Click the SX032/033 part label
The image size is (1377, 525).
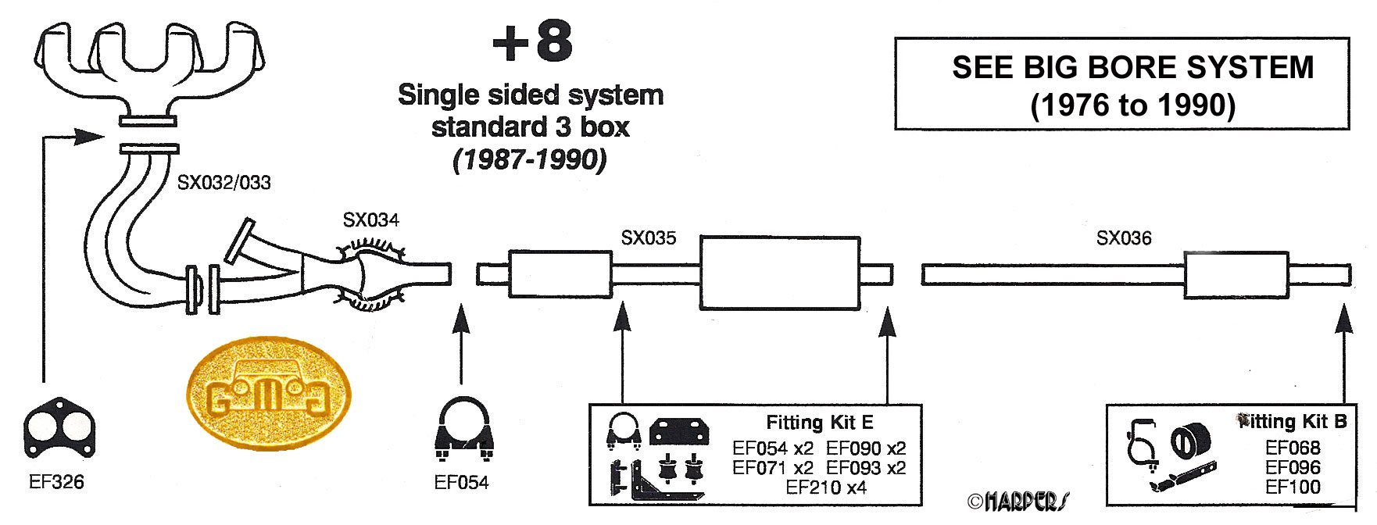[224, 183]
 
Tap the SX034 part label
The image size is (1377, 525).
[370, 220]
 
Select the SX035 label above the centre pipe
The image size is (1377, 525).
[648, 237]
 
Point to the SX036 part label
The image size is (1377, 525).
[1123, 237]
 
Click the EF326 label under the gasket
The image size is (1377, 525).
[56, 482]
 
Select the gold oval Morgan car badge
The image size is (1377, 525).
[268, 393]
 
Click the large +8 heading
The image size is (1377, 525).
[532, 42]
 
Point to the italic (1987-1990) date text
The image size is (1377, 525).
[530, 159]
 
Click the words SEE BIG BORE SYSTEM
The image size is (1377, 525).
[1132, 68]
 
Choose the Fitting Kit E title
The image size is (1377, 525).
[819, 423]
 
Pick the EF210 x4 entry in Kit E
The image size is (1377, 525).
[826, 487]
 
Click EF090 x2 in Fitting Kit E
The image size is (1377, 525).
[866, 448]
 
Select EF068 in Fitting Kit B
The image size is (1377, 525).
[1293, 448]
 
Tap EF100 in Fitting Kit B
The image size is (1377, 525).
[1293, 487]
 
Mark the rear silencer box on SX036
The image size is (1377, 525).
[1236, 274]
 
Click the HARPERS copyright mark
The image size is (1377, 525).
[1018, 501]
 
